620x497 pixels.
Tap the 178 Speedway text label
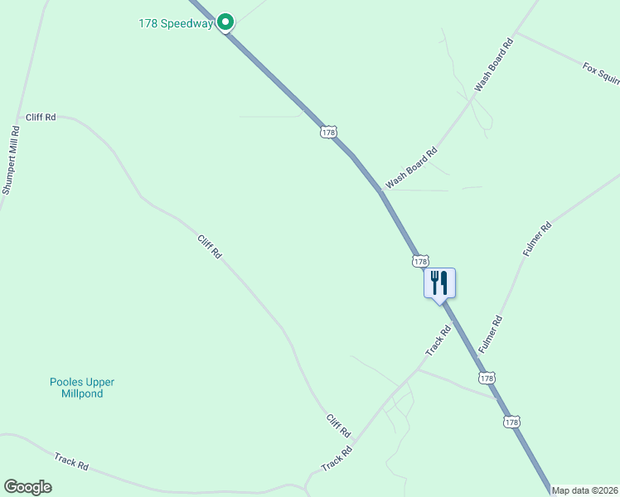(x=176, y=23)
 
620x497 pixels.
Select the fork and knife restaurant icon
(x=439, y=283)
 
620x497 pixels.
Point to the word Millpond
(x=81, y=393)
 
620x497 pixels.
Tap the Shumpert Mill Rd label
(x=10, y=160)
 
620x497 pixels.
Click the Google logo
(x=27, y=487)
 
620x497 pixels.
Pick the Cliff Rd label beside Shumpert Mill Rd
(x=41, y=118)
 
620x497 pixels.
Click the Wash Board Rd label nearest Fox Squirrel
(x=495, y=64)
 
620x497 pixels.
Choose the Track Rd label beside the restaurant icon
(x=438, y=340)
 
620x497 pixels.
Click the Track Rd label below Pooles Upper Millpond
(x=71, y=461)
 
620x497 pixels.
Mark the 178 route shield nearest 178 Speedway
(x=329, y=132)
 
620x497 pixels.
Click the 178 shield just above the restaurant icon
(x=420, y=261)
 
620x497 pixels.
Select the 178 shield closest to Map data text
(x=511, y=422)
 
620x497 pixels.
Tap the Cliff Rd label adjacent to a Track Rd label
(x=338, y=426)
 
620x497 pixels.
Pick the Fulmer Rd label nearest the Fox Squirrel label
(x=536, y=239)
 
